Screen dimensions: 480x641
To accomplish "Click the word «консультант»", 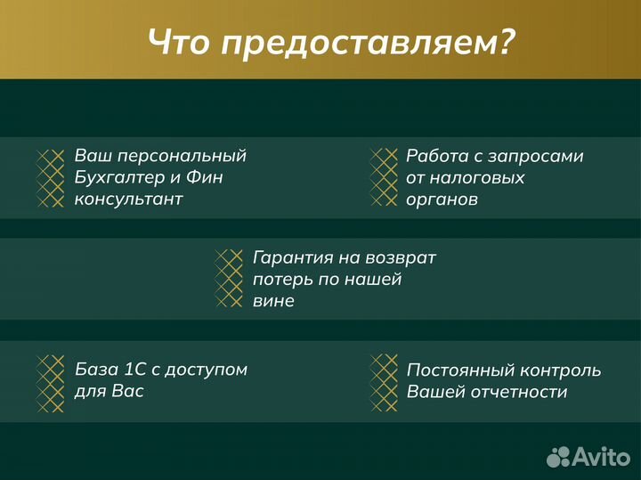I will pyautogui.click(x=128, y=199).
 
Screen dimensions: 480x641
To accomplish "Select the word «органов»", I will pyautogui.click(x=442, y=199).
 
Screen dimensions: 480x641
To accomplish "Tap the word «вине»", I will pyautogui.click(x=273, y=301).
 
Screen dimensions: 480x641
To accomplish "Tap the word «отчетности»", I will pyautogui.click(x=521, y=392).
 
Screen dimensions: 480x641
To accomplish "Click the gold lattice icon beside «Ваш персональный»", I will pyautogui.click(x=50, y=178).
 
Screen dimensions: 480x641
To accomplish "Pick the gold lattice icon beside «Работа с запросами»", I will pyautogui.click(x=384, y=178).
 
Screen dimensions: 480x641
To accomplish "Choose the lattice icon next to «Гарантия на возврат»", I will pyautogui.click(x=230, y=279).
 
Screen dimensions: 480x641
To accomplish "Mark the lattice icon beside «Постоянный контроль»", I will pyautogui.click(x=384, y=382).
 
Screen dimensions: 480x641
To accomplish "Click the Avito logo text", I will pyautogui.click(x=599, y=456).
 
